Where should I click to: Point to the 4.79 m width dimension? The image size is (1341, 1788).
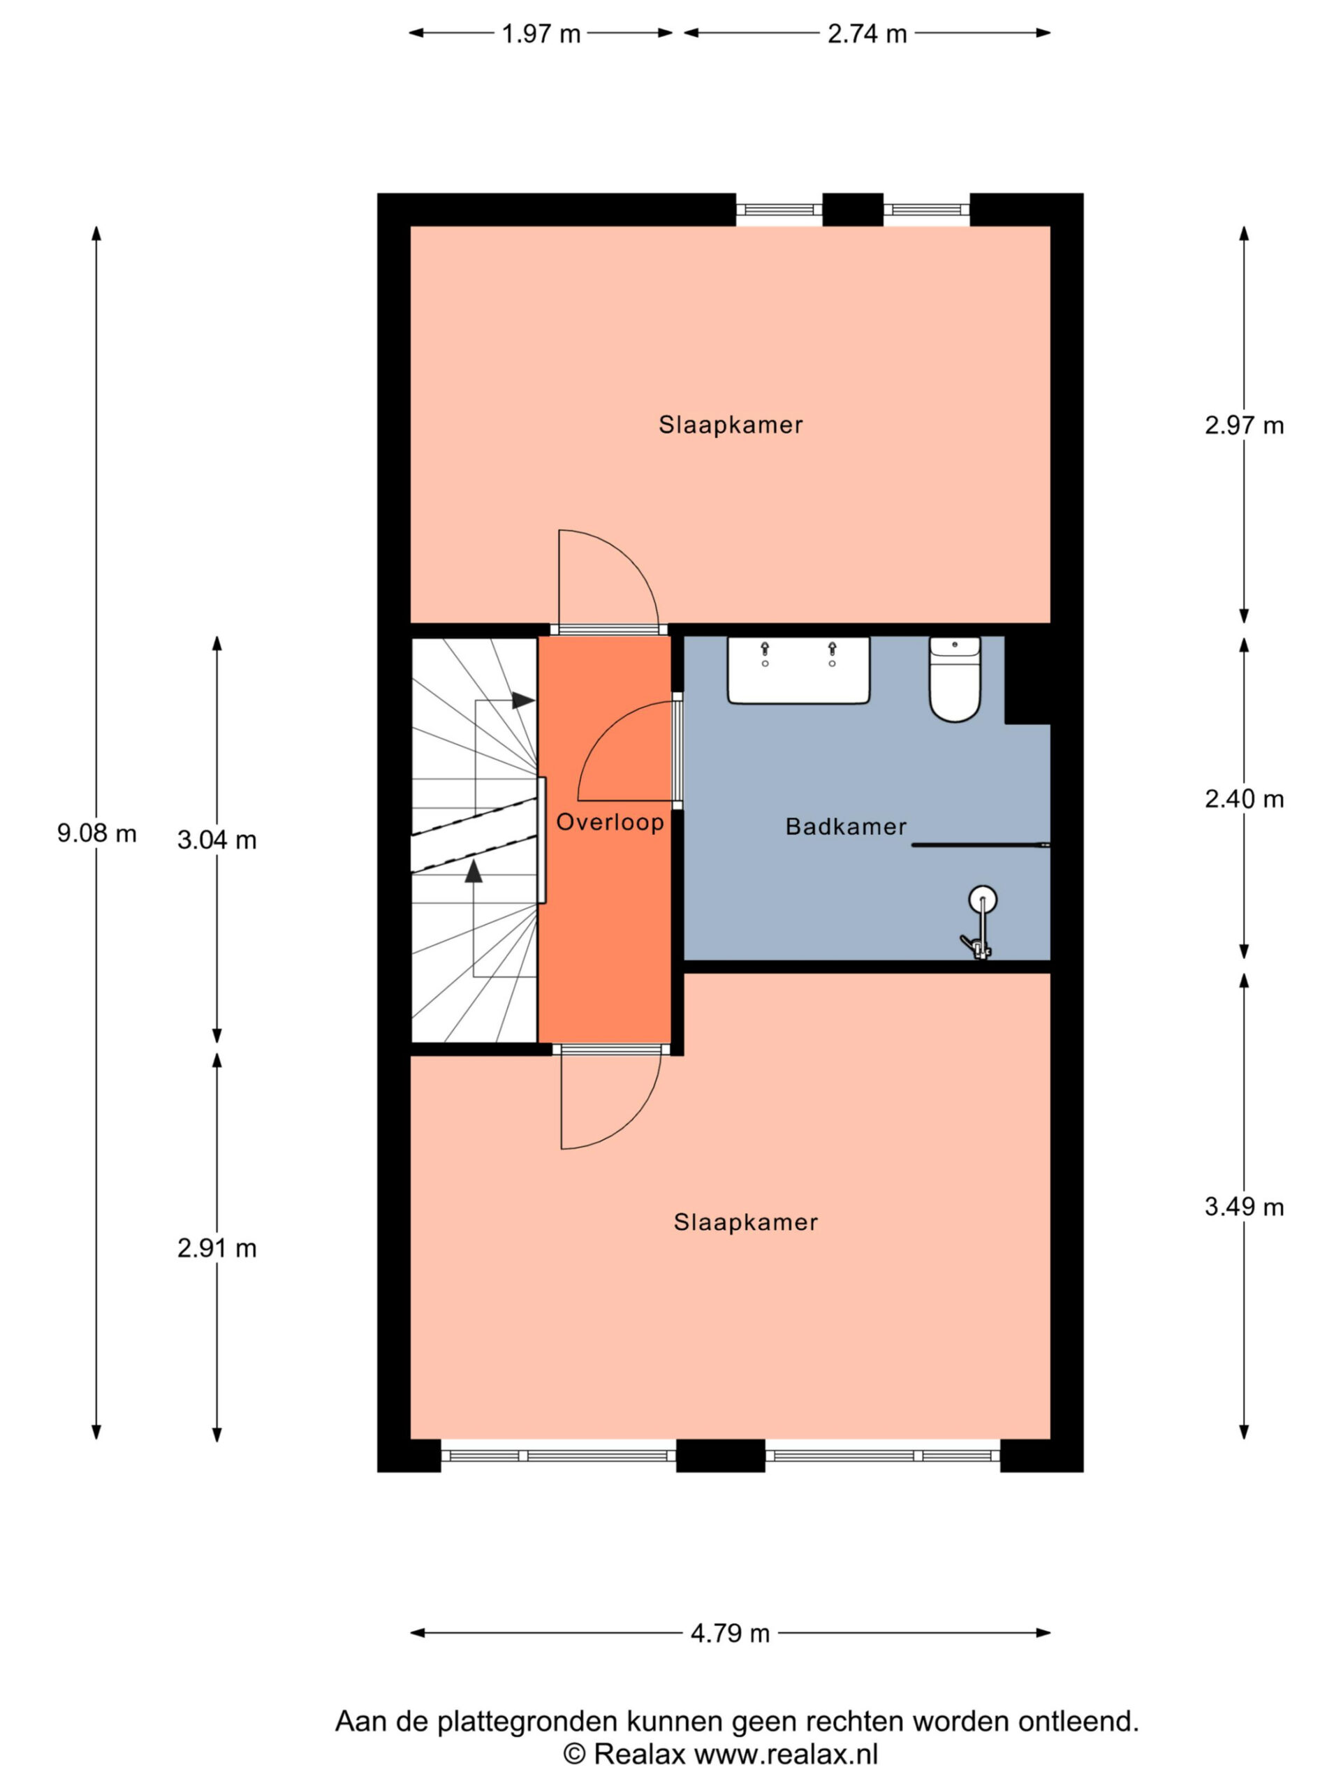(730, 1633)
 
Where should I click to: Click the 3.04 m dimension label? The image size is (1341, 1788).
(217, 840)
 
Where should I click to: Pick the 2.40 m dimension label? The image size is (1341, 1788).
(1243, 798)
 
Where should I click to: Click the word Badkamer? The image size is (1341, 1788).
(846, 826)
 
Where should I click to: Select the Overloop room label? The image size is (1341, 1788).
(610, 822)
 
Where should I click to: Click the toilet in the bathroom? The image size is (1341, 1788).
(955, 678)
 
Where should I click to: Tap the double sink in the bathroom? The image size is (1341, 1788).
(798, 669)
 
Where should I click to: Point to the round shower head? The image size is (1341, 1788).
(982, 899)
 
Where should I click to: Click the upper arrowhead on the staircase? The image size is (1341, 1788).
(523, 700)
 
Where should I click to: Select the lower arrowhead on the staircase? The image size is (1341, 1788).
(474, 870)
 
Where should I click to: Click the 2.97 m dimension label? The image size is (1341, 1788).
(1243, 425)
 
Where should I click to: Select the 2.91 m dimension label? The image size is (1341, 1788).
(217, 1248)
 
